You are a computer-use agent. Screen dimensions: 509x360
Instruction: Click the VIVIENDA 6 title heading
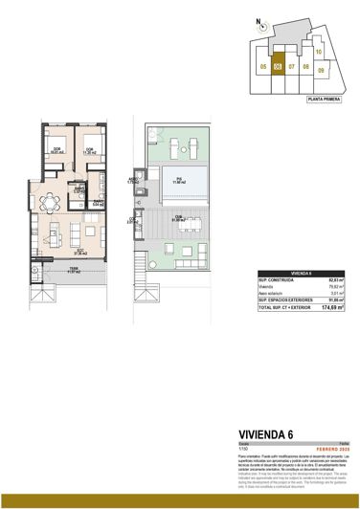[266, 434]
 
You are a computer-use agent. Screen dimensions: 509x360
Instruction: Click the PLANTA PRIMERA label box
[326, 99]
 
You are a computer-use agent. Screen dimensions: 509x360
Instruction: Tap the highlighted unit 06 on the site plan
[278, 66]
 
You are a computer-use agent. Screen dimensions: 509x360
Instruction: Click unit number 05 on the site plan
[262, 66]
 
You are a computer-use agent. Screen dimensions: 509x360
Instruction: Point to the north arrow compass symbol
[259, 30]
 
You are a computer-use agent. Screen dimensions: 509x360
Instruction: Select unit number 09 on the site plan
[322, 70]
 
